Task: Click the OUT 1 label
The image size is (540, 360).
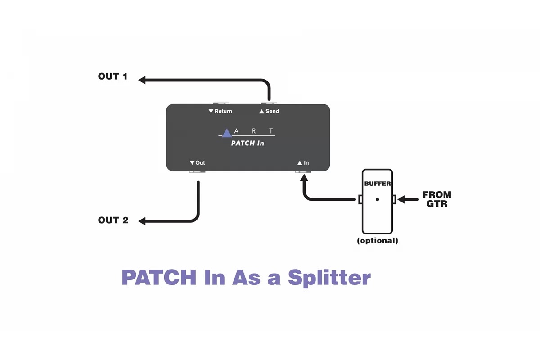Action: click(112, 76)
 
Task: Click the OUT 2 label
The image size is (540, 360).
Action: click(113, 220)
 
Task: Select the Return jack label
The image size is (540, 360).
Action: click(220, 111)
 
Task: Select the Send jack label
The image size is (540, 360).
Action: click(269, 111)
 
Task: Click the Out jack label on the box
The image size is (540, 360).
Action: click(198, 163)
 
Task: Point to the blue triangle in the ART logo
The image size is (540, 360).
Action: click(227, 133)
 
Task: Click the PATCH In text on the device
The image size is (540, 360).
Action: click(247, 143)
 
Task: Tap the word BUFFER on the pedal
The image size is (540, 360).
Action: click(378, 184)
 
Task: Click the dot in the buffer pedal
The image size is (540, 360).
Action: click(377, 199)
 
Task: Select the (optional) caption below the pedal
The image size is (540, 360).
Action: click(378, 240)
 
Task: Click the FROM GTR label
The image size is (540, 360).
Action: click(436, 199)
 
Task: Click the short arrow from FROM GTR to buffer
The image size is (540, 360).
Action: click(407, 199)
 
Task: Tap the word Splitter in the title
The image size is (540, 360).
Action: click(329, 277)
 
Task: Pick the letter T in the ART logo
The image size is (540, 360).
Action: click(271, 131)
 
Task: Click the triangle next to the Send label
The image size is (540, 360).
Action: click(261, 112)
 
